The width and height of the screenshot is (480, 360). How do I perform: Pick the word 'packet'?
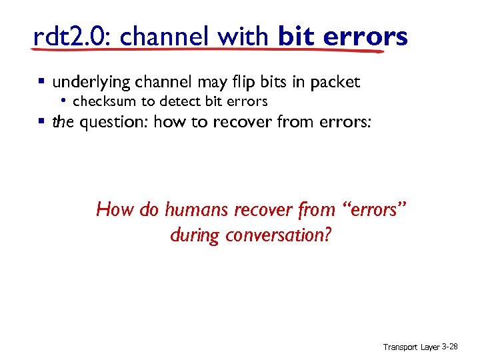click(334, 83)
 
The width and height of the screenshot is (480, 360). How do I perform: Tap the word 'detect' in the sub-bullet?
click(181, 101)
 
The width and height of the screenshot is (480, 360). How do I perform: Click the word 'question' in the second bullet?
click(113, 122)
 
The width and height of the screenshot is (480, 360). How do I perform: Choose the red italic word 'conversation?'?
click(278, 235)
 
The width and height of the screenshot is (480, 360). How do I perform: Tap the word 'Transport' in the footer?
click(400, 347)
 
